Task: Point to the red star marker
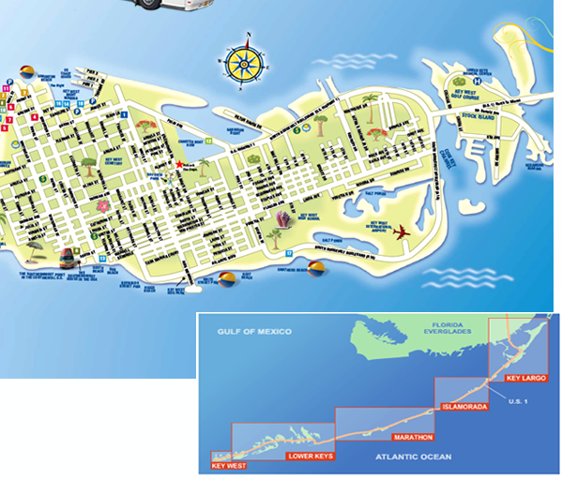coord(180,165)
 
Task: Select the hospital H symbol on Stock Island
coord(479,82)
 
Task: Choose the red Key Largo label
coord(524,379)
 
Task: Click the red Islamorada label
coord(463,408)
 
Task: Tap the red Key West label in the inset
coord(231,464)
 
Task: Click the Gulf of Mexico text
coord(255,332)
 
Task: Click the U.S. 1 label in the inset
coord(519,402)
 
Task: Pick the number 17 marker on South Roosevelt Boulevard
coord(289,253)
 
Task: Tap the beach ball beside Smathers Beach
coord(317,269)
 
